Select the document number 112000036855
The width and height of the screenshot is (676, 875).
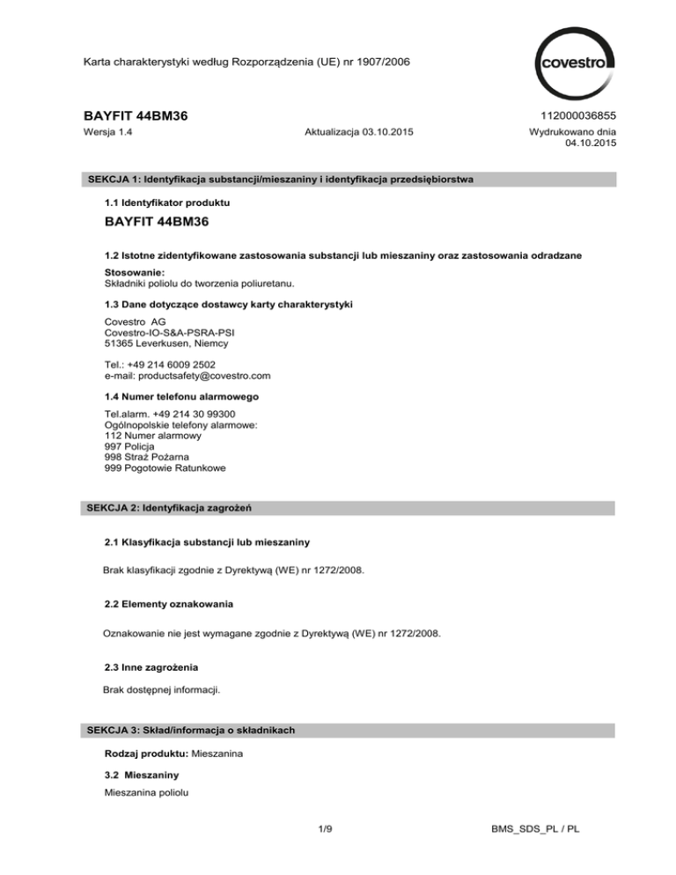pyautogui.click(x=571, y=114)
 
